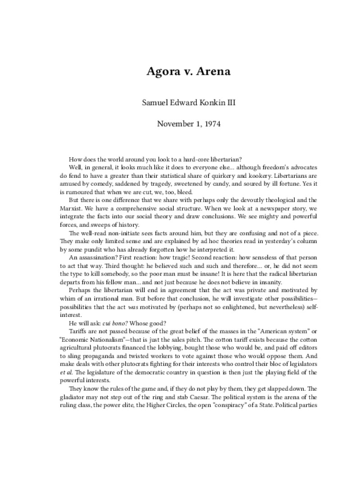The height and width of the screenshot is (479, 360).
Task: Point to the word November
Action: tap(174, 123)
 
